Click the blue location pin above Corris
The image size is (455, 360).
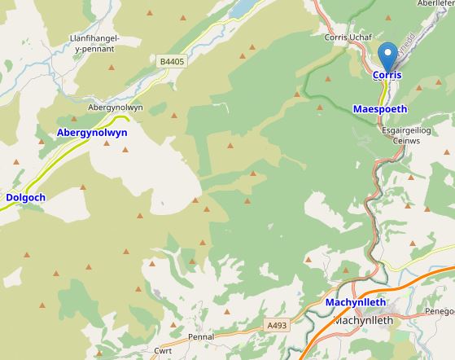pos(388,55)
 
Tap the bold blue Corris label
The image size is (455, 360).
pos(387,75)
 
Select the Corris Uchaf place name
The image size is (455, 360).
pos(348,37)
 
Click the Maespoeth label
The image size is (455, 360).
pos(380,108)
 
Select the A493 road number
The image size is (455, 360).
pos(277,326)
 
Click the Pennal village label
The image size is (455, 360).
pos(200,336)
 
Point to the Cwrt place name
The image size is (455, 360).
pos(163,351)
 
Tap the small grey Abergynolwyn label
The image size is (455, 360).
pos(115,108)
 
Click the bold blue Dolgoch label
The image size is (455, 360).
pos(26,197)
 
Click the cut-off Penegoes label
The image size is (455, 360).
pos(440,311)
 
